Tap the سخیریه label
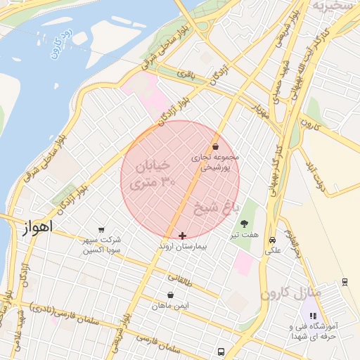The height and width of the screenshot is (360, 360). pyautogui.click(x=330, y=6)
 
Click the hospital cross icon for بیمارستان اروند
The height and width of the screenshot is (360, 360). pyautogui.click(x=183, y=236)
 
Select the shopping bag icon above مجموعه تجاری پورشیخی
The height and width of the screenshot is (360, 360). pyautogui.click(x=214, y=146)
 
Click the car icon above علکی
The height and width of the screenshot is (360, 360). pyautogui.click(x=272, y=239)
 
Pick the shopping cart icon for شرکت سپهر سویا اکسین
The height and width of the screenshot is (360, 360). pyautogui.click(x=102, y=230)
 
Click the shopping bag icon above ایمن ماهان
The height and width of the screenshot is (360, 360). pyautogui.click(x=171, y=295)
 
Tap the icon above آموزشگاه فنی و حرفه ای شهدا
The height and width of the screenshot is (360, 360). pyautogui.click(x=313, y=316)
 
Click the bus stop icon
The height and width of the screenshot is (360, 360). pyautogui.click(x=221, y=352)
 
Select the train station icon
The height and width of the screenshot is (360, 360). pyautogui.click(x=345, y=281)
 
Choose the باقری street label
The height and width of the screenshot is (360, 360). pyautogui.click(x=185, y=73)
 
